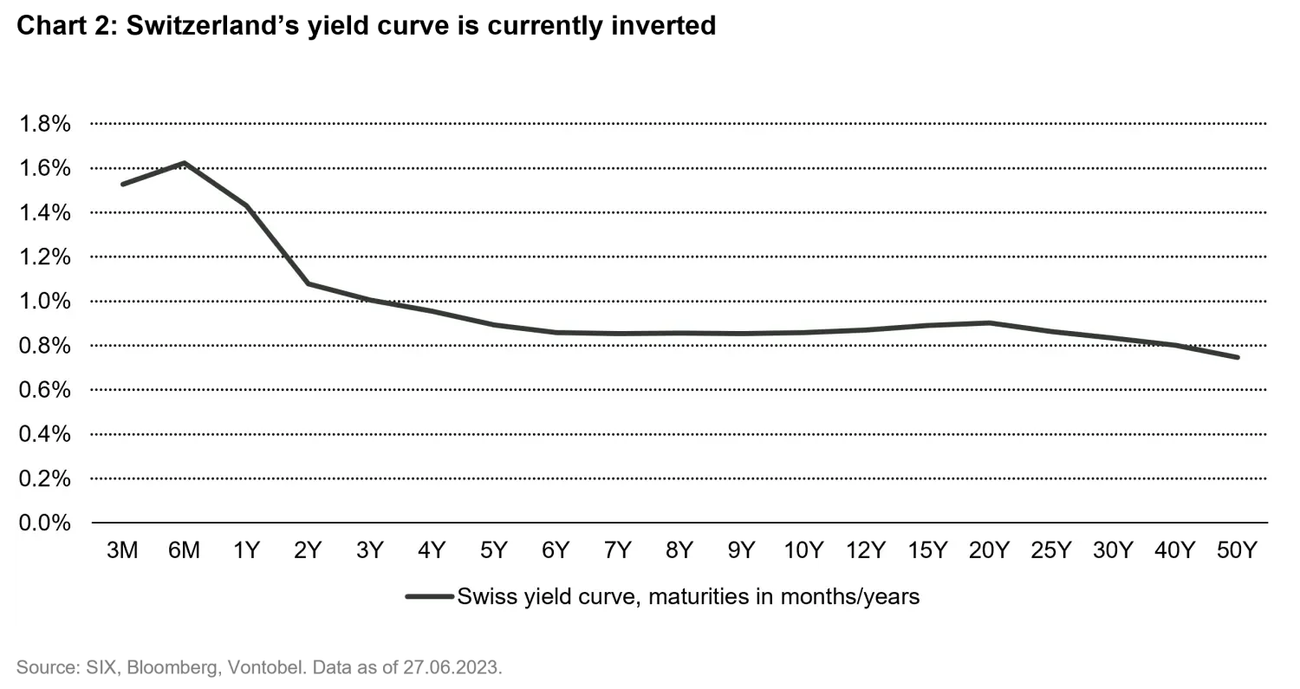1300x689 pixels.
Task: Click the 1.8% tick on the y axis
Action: coord(44,124)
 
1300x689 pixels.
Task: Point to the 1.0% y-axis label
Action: coord(44,302)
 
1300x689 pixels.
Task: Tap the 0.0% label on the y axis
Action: coord(44,523)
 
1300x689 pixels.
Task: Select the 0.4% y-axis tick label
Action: coord(44,434)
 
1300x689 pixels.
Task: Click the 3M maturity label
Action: coord(122,551)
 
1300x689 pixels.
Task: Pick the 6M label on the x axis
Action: coord(184,551)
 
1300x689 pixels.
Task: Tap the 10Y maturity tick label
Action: coord(803,551)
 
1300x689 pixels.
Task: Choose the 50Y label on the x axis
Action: coord(1236,551)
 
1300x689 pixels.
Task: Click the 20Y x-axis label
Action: coord(989,551)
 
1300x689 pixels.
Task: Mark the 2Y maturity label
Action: coord(308,551)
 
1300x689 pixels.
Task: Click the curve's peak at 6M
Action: coord(185,163)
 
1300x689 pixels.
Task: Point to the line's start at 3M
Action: coord(122,184)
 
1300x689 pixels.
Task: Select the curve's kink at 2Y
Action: coord(309,283)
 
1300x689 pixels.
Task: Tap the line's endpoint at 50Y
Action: coord(1237,357)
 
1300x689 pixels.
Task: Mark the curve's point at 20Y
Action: coord(989,323)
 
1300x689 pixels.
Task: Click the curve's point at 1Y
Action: coord(247,205)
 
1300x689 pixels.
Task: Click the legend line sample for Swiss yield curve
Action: coord(429,596)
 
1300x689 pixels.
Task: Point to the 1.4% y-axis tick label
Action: coord(44,213)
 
